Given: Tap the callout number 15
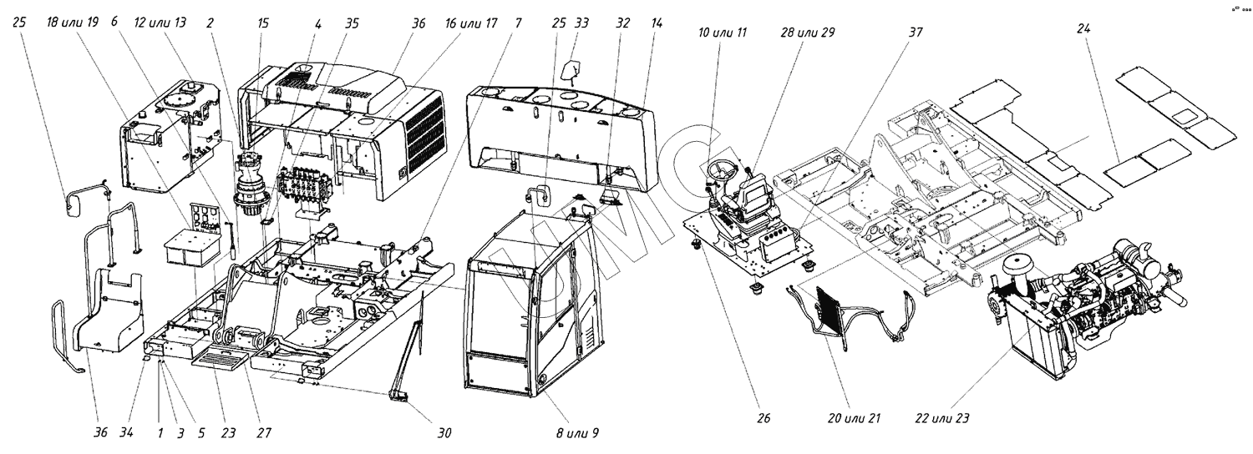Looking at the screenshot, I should click(x=264, y=23).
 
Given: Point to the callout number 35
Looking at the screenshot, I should click(x=352, y=23).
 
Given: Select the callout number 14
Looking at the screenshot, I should click(x=657, y=23).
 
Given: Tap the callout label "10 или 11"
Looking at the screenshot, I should click(x=723, y=33).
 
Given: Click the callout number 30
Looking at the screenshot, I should click(x=444, y=433).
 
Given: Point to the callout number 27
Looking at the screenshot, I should click(x=265, y=433).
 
